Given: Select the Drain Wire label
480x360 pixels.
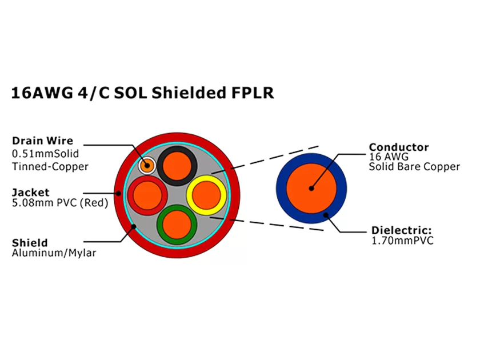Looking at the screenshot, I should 42,141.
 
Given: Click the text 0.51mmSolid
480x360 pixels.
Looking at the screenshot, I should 45,154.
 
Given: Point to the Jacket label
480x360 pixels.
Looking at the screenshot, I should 30,192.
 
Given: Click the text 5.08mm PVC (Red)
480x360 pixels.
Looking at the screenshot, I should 59,203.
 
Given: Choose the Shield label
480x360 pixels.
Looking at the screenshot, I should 30,242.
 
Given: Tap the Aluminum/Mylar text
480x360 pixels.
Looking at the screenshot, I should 54,253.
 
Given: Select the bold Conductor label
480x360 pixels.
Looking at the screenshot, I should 398,147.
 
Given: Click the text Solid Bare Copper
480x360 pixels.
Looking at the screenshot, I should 414,167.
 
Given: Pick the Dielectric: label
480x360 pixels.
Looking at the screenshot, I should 400,230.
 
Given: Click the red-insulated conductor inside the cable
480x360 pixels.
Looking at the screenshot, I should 146,195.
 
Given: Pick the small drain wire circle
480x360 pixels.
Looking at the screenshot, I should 147,166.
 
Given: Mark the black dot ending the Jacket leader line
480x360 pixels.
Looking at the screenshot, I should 119,193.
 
